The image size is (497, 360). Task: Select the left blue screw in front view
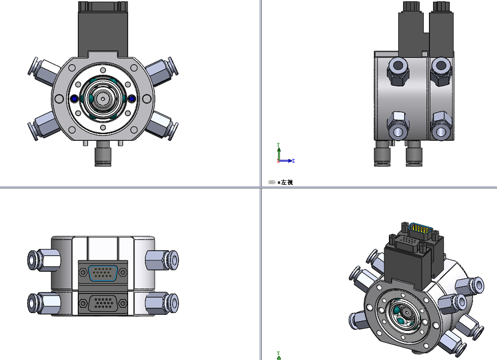point(74,99)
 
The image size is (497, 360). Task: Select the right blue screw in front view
point(132,99)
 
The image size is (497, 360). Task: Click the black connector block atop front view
point(103,29)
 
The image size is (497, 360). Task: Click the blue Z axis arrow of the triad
point(290,161)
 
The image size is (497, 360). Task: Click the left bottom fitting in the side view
point(382,155)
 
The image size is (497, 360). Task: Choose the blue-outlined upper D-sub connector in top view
point(103,274)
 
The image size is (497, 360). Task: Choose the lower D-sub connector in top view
point(103,303)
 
